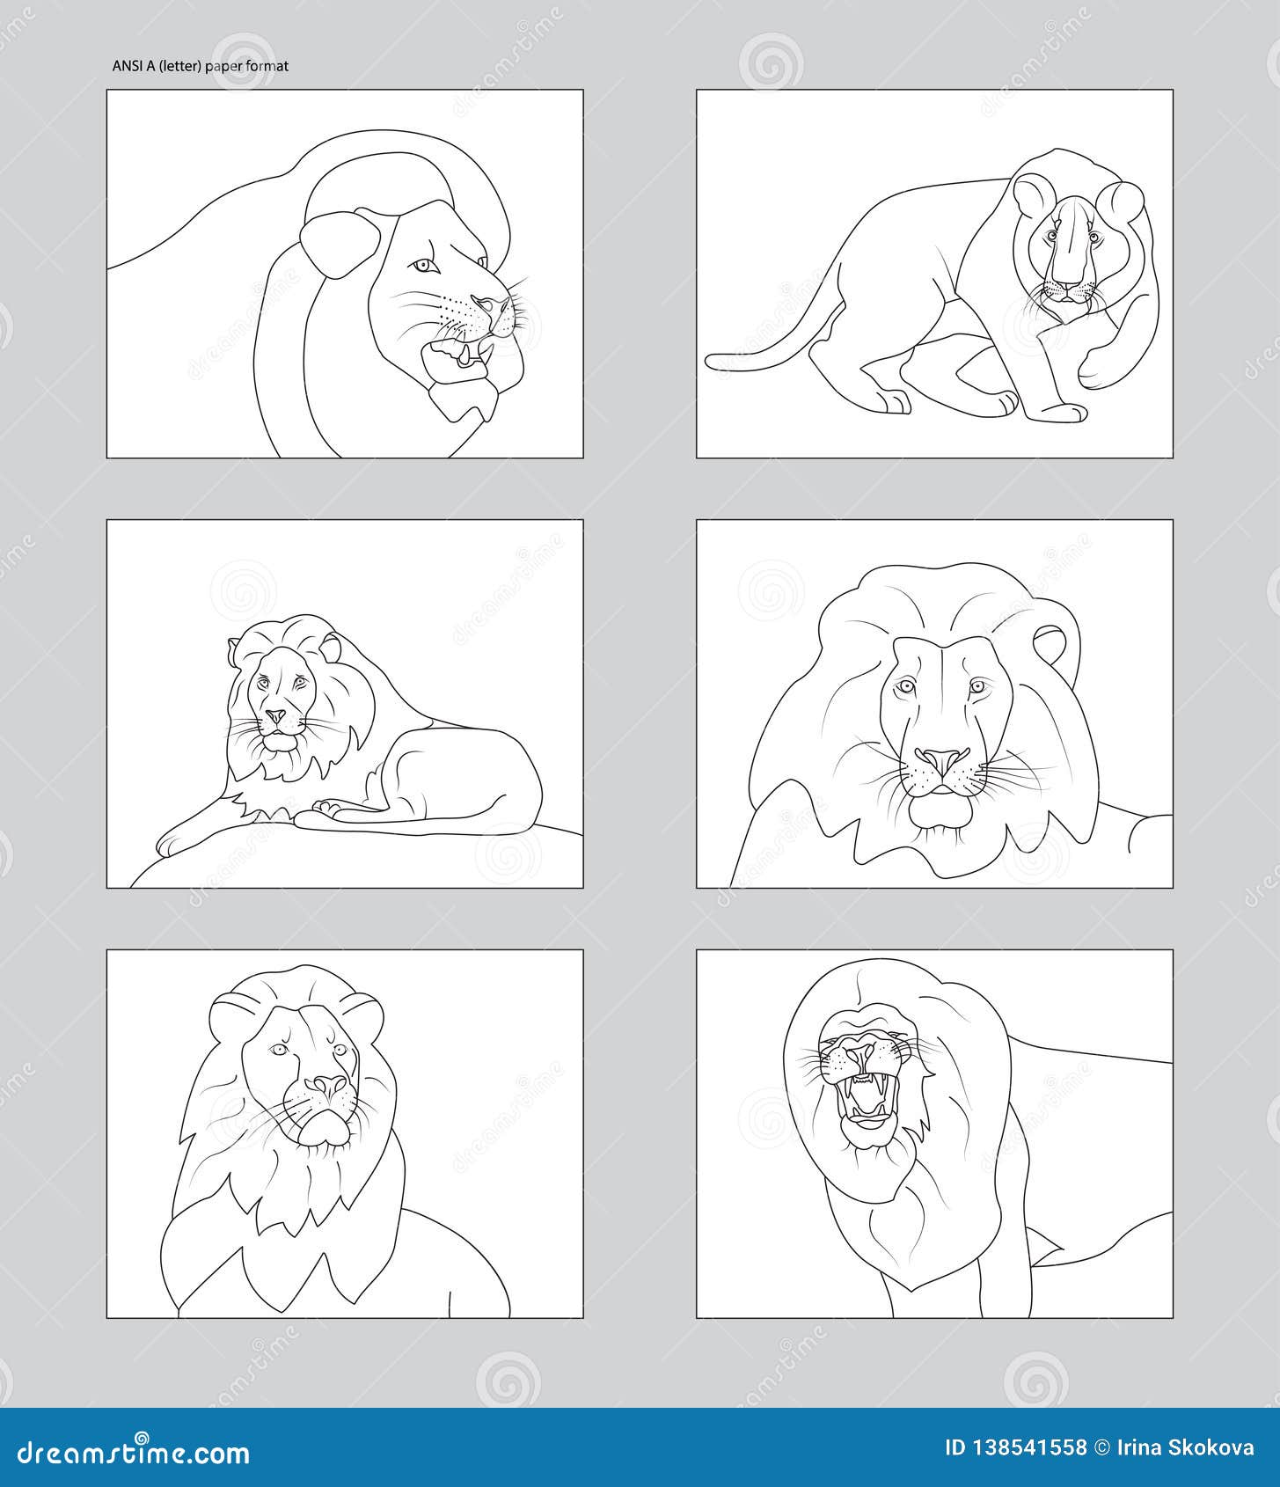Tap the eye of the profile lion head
(x=423, y=266)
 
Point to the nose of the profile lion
(x=483, y=304)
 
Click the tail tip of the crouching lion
(x=712, y=360)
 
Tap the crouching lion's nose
(x=1066, y=281)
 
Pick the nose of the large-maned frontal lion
(x=942, y=759)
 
